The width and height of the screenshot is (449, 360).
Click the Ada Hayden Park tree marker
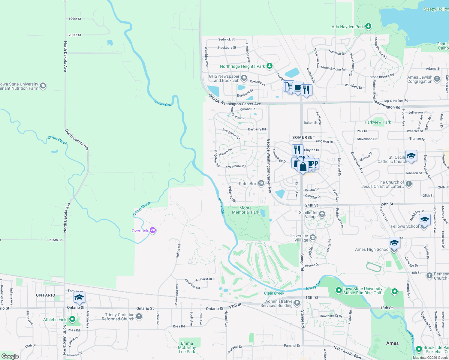[x=368, y=26]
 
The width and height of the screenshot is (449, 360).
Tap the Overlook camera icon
[x=153, y=230]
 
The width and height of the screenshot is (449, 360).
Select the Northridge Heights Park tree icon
[x=270, y=66]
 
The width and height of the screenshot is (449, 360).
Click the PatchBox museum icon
[x=261, y=183]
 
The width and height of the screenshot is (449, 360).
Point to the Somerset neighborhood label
[x=304, y=137]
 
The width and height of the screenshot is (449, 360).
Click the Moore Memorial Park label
[x=246, y=210]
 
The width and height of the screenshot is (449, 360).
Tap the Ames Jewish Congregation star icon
[x=437, y=79]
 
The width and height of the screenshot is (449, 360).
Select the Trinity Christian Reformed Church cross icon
[x=139, y=316]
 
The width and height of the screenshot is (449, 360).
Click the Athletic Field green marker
[x=72, y=319]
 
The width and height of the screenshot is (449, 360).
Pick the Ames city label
[x=392, y=343]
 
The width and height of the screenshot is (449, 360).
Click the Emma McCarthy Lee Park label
[x=187, y=347]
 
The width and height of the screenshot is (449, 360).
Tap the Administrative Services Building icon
[x=297, y=303]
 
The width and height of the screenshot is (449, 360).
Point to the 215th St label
[x=56, y=240]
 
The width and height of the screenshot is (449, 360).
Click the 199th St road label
[x=75, y=19]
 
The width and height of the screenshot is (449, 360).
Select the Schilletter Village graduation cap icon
[x=322, y=214]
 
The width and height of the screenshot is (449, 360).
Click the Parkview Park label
[x=378, y=122]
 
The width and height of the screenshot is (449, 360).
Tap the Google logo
[x=10, y=356]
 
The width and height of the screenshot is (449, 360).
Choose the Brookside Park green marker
[x=419, y=349]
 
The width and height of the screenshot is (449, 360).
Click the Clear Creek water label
[x=274, y=293]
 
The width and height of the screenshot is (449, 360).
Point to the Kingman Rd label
[x=192, y=284]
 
